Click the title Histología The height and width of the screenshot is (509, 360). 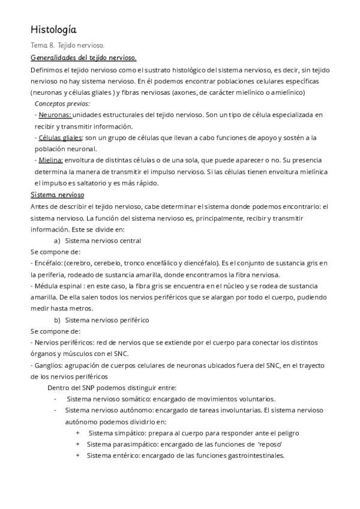point(53,29)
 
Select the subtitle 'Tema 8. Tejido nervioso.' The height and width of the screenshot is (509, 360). point(67,46)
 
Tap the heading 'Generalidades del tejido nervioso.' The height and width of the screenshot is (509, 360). point(83,58)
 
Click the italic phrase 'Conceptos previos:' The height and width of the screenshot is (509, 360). point(59,103)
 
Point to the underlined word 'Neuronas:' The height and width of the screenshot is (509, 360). point(55,115)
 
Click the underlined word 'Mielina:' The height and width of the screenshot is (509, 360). point(51,160)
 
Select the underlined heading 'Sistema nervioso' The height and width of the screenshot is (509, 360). point(57,195)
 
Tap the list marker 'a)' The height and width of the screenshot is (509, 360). point(58,241)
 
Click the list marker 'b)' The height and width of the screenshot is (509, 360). point(58,320)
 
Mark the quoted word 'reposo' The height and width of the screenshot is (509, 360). point(270,444)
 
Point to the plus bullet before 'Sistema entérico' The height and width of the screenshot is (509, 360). point(77,456)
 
